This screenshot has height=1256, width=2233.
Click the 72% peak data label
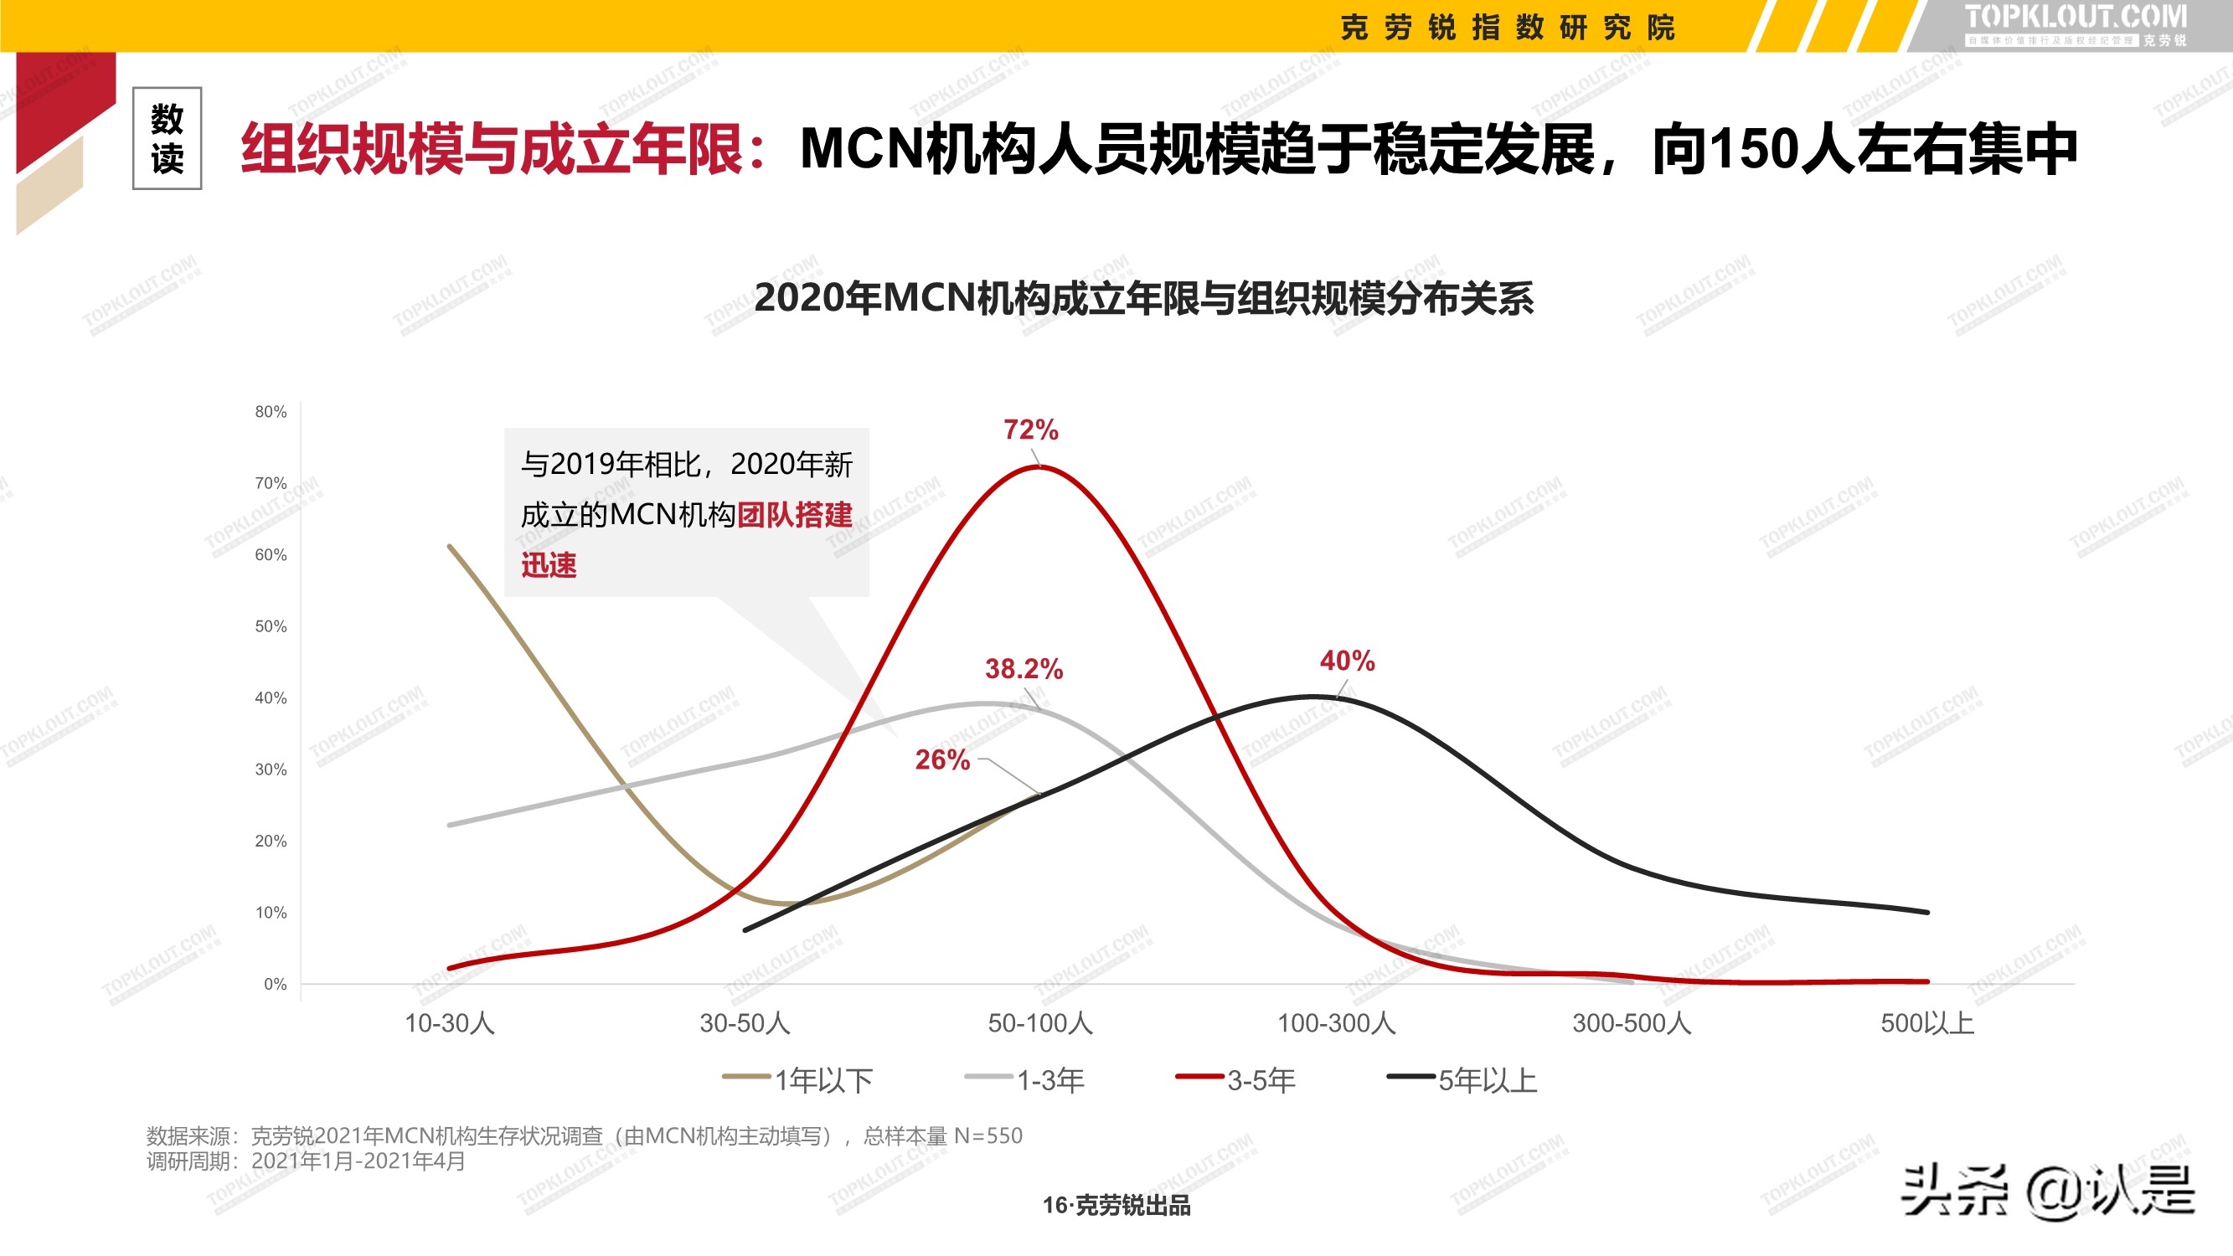pyautogui.click(x=1031, y=430)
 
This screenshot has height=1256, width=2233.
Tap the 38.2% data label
pyautogui.click(x=1023, y=668)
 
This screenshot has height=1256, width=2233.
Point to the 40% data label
pyautogui.click(x=1347, y=661)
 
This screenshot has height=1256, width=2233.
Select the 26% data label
pyautogui.click(x=942, y=759)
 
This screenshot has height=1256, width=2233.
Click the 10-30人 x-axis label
pyautogui.click(x=450, y=1024)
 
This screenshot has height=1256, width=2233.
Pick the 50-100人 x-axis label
pyautogui.click(x=1040, y=1024)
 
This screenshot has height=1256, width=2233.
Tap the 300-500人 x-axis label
pyautogui.click(x=1632, y=1024)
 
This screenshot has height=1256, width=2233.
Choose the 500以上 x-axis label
pyautogui.click(x=1926, y=1024)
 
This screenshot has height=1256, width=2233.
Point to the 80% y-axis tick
pyautogui.click(x=271, y=412)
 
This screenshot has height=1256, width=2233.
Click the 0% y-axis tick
pyautogui.click(x=275, y=984)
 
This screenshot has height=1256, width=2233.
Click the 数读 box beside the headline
pyautogui.click(x=168, y=139)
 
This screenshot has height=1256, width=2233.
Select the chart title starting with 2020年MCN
pyautogui.click(x=1143, y=298)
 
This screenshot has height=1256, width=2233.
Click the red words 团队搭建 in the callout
pyautogui.click(x=794, y=515)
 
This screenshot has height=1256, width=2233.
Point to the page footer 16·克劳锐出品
pyautogui.click(x=1116, y=1205)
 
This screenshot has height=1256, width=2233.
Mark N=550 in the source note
pyautogui.click(x=988, y=1135)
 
